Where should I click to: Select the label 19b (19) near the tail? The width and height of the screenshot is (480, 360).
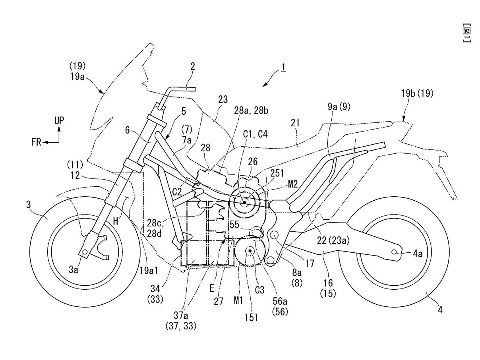tap(418, 94)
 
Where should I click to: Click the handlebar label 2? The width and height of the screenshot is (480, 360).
tap(192, 67)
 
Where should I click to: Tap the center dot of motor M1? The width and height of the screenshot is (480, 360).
tap(250, 251)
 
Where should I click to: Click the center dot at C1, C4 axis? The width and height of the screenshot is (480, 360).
tap(244, 202)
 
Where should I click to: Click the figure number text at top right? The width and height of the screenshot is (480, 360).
tap(467, 34)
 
